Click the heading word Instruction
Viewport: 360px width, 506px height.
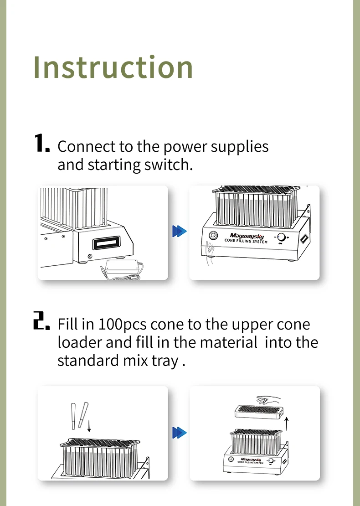(x=113, y=67)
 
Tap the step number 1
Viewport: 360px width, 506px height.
(x=42, y=143)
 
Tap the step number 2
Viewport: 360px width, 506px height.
(x=41, y=320)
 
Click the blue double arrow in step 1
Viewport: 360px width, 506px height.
(x=180, y=231)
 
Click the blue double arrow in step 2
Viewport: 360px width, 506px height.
(x=180, y=433)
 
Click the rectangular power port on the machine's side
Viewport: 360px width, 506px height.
(x=107, y=243)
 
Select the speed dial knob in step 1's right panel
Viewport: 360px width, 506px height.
(x=282, y=238)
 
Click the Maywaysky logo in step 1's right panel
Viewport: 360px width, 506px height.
(x=247, y=236)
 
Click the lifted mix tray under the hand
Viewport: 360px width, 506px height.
(x=259, y=412)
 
